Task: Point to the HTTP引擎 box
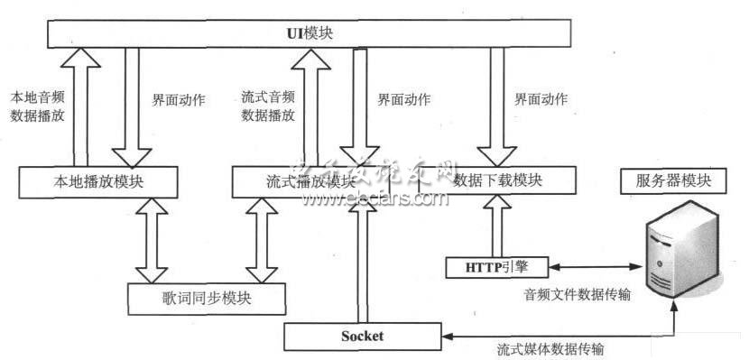tap(495, 267)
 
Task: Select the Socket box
tap(363, 337)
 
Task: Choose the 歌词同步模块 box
tap(207, 297)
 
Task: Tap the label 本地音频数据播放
tap(37, 106)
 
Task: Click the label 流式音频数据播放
tap(269, 106)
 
